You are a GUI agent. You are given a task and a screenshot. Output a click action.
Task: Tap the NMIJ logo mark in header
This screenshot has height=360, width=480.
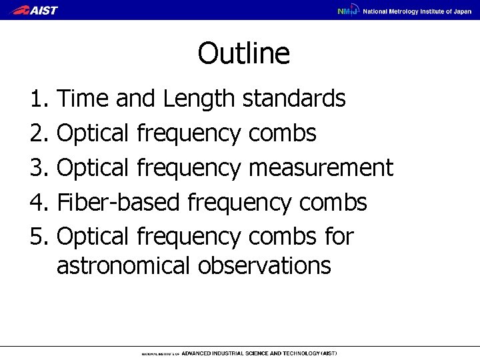coord(347,11)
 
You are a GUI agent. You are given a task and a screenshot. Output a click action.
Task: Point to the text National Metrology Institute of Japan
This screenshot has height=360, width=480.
coord(417,11)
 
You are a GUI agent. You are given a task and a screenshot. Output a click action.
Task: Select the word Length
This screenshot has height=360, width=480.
coord(197,100)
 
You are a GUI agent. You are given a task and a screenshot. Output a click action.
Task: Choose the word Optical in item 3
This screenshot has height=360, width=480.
coord(95,167)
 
